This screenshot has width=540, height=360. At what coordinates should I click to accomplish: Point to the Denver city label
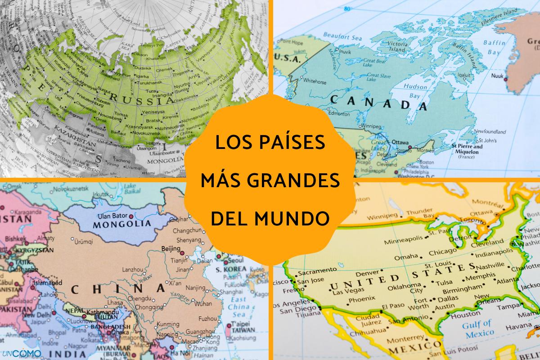point(365,274)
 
